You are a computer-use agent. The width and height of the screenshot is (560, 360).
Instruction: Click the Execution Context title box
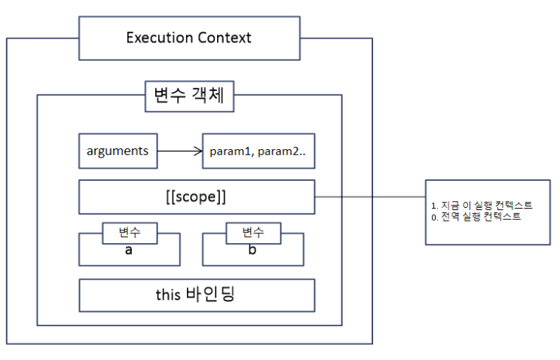click(x=188, y=38)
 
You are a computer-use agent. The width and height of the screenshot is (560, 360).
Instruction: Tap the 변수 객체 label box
click(x=188, y=96)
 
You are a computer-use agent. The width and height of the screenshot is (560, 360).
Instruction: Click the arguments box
click(x=117, y=151)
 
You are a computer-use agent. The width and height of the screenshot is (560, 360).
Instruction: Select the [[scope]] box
click(x=197, y=197)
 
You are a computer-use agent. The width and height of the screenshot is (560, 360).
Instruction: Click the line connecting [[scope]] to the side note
click(x=369, y=197)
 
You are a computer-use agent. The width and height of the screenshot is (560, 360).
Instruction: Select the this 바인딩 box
click(x=197, y=294)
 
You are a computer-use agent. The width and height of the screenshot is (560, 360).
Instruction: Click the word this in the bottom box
click(x=169, y=294)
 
